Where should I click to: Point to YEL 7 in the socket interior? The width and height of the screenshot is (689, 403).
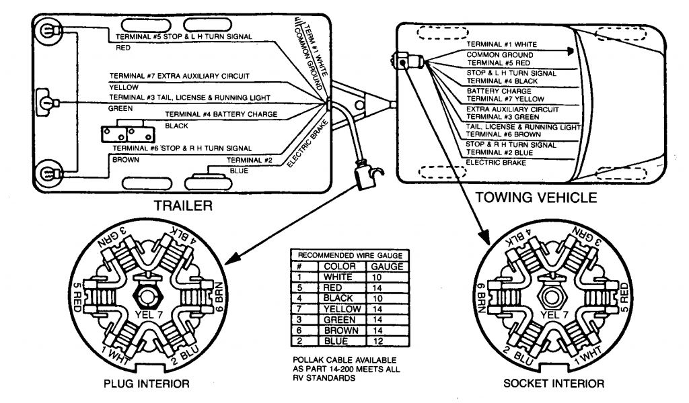click(552, 314)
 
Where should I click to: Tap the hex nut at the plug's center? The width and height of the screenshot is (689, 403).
click(146, 294)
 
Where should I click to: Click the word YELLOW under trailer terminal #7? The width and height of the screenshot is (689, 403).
click(124, 87)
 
